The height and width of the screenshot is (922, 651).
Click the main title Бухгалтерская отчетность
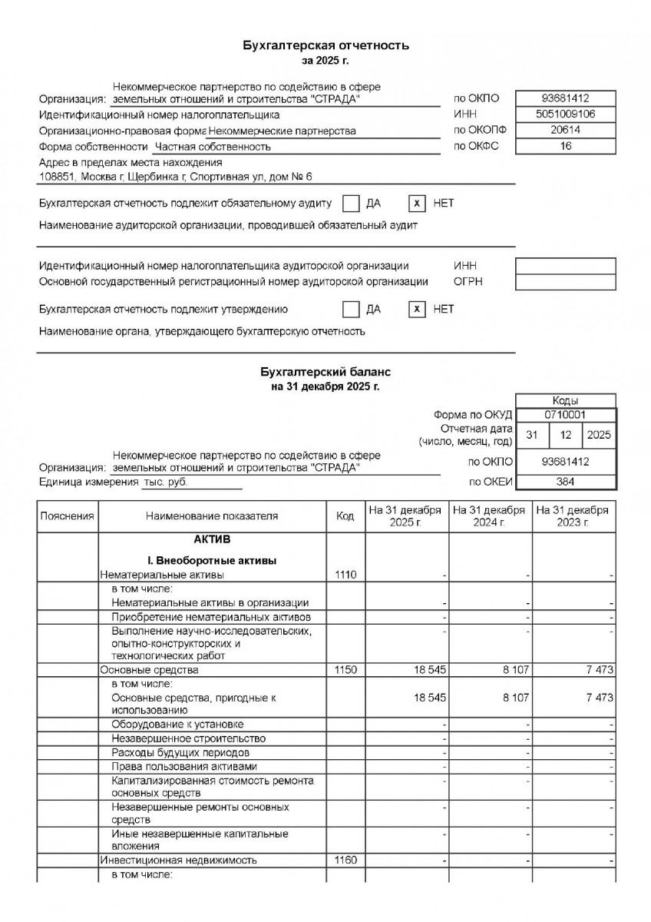[x=325, y=45]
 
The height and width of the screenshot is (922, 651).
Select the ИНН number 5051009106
[x=566, y=114]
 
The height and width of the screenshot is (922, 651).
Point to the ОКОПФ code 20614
[x=566, y=131]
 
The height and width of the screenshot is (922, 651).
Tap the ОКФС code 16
[x=566, y=146]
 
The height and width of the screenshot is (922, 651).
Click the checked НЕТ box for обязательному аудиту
[x=417, y=204]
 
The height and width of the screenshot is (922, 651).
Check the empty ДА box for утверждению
[x=351, y=310]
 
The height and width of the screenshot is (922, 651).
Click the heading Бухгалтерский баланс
[x=325, y=372]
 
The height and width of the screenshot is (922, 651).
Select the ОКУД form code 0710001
[x=566, y=415]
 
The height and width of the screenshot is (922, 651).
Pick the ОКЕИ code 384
[x=566, y=482]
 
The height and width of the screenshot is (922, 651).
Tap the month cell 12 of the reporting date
[x=566, y=435]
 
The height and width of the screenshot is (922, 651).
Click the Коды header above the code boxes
[x=566, y=400]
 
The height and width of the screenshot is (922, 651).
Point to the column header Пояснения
[x=68, y=516]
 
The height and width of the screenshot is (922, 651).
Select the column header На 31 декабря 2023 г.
[x=573, y=516]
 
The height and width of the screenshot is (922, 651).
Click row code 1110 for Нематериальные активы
[x=346, y=575]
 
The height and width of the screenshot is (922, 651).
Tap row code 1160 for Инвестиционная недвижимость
[x=346, y=860]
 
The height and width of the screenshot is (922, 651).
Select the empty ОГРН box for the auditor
[x=566, y=282]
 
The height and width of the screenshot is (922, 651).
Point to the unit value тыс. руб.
[x=166, y=482]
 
